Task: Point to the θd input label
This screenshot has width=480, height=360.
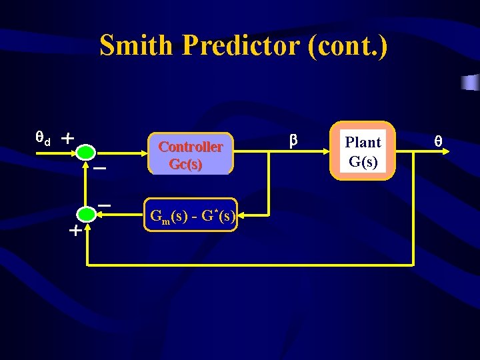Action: (43, 139)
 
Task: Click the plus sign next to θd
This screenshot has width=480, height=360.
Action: (67, 139)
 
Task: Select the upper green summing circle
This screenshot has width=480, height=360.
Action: (86, 153)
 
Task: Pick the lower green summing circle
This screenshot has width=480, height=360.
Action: (86, 214)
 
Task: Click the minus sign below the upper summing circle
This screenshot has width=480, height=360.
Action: (99, 169)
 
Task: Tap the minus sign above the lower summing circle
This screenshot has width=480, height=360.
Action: (104, 203)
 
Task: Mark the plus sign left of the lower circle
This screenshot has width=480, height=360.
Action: (75, 232)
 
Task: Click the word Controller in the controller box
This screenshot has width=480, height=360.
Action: (191, 147)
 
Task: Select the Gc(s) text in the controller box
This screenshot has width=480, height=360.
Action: (186, 164)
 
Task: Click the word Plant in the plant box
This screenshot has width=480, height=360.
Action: (363, 142)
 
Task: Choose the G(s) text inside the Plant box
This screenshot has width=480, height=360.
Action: (363, 161)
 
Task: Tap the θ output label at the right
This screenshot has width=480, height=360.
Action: (438, 141)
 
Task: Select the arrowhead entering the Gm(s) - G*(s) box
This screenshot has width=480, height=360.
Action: (241, 215)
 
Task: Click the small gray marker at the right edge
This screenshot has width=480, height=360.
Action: (470, 82)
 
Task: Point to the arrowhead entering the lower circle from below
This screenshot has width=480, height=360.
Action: (87, 225)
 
